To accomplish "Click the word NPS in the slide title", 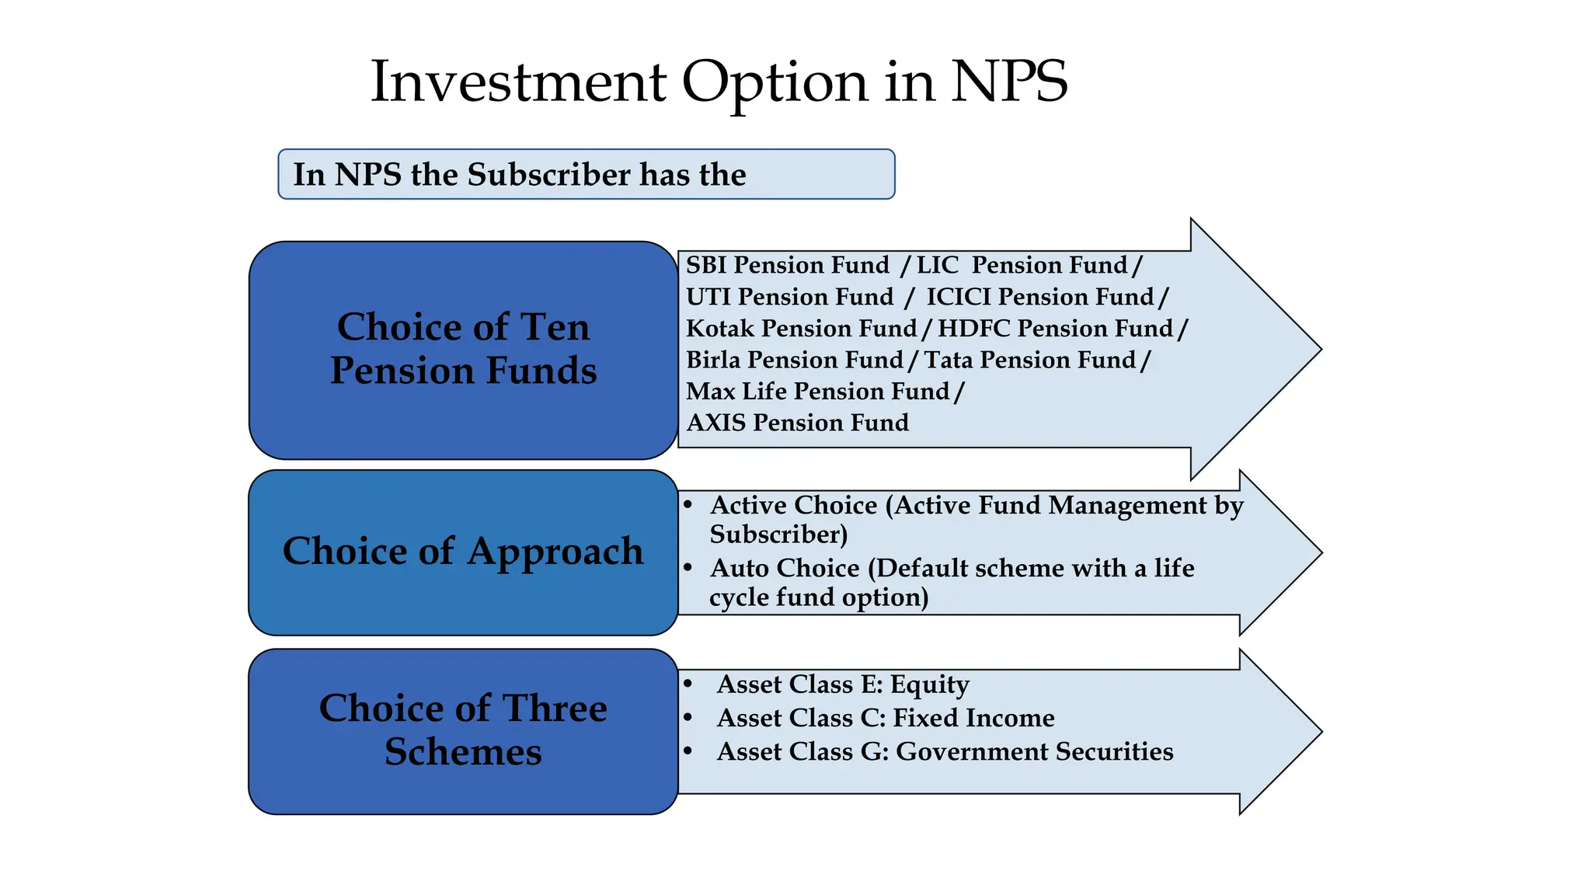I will click(1009, 82).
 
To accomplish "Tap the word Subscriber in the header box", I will click(548, 174).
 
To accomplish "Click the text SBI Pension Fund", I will click(787, 265).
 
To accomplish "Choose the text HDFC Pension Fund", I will click(1055, 329).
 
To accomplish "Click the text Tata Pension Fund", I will click(1029, 360).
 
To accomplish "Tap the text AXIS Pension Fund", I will click(797, 423).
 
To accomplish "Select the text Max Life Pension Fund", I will click(817, 391).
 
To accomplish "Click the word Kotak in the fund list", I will click(720, 329).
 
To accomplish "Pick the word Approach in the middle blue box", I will click(555, 552).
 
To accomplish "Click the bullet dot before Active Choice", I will click(688, 505).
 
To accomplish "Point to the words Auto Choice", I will click(784, 568).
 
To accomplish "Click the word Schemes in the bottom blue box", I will click(463, 751).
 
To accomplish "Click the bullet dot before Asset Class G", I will click(688, 751).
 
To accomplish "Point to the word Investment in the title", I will click(518, 82).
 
